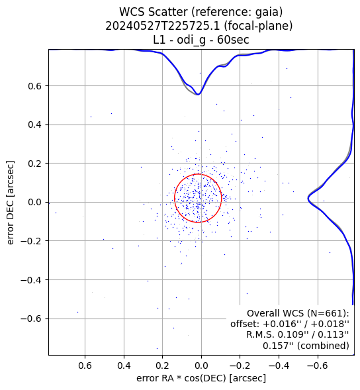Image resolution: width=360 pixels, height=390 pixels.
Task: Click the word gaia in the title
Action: (x=267, y=13)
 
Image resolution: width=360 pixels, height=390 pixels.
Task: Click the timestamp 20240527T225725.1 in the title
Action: (x=163, y=26)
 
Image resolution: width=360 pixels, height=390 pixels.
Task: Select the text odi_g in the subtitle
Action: (x=191, y=40)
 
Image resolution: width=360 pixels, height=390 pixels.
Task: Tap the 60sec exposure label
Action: (x=233, y=40)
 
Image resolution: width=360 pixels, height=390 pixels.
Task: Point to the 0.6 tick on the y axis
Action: (x=34, y=86)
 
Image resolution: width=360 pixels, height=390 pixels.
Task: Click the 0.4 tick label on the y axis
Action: (x=34, y=125)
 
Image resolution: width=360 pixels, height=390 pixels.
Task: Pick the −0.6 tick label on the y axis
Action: (x=31, y=319)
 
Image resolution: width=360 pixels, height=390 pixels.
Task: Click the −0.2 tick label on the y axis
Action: (x=31, y=241)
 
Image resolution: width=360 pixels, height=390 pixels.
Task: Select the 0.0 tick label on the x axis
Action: (x=201, y=366)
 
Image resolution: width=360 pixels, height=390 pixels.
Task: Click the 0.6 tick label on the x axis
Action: (x=85, y=366)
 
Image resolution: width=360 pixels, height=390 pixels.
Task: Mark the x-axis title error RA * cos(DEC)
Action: (x=181, y=379)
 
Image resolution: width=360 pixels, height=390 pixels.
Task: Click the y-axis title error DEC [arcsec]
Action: (x=11, y=203)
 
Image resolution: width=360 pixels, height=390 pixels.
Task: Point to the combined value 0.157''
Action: (x=277, y=346)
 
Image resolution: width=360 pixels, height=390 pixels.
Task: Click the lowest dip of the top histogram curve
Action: (x=198, y=95)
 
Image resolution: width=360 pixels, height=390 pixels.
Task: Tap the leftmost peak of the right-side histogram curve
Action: (x=308, y=199)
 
